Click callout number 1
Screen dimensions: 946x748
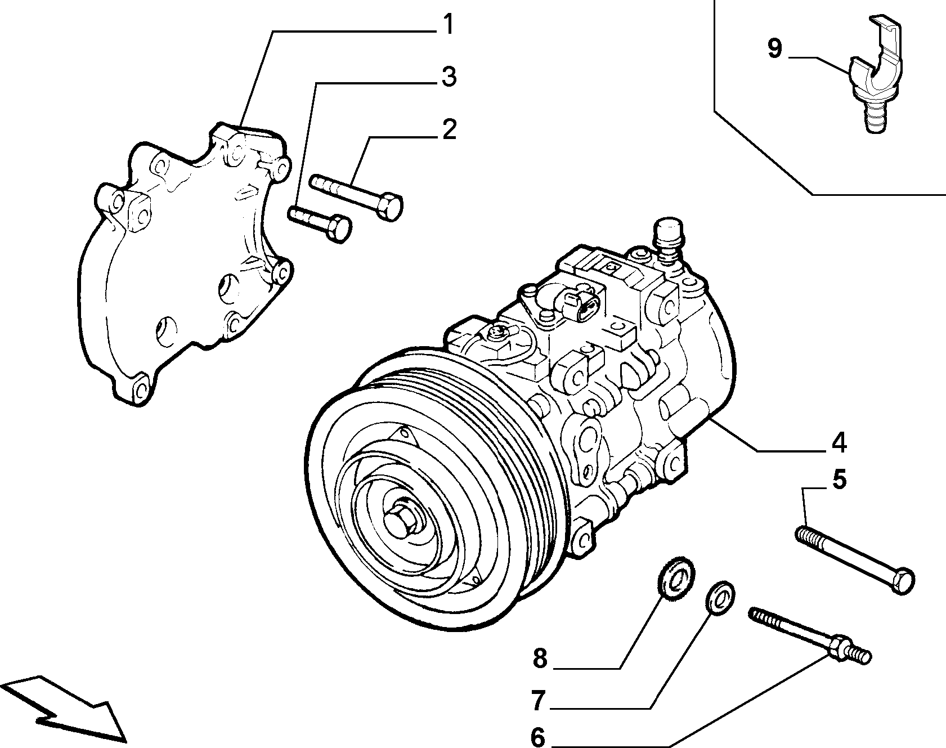[447, 25]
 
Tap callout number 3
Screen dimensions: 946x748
[448, 77]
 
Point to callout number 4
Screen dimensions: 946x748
[838, 443]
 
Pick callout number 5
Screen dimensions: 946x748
[839, 481]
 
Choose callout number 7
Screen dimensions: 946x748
[539, 701]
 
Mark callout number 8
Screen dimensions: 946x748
[540, 659]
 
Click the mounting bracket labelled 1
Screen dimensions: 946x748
[186, 265]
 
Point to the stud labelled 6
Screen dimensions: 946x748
[810, 634]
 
